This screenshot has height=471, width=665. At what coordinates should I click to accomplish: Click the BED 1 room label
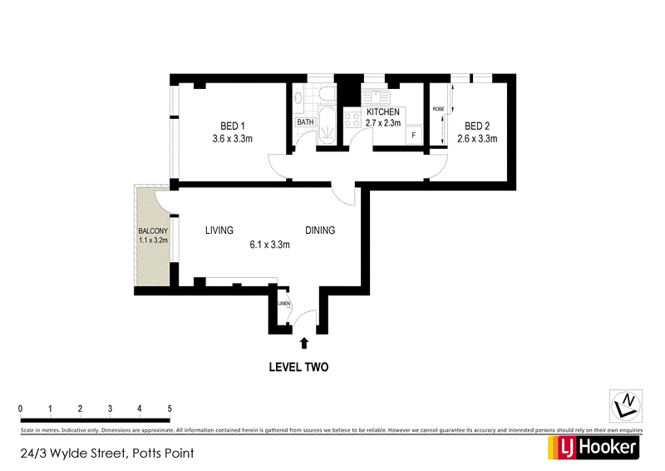coord(232,125)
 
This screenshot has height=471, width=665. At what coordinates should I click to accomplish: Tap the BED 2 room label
coord(477,125)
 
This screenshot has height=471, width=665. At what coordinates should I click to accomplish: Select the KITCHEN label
coord(382,112)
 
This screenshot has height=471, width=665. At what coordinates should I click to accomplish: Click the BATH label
coord(306,122)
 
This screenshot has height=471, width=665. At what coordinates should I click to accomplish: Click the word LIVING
coord(219,231)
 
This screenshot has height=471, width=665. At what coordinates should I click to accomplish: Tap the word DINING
coord(320,231)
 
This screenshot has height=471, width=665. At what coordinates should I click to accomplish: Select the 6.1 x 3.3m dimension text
coord(269,245)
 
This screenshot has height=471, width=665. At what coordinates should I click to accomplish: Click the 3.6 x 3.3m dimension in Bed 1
coord(232,139)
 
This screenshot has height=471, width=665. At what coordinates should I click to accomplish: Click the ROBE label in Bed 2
coord(437,109)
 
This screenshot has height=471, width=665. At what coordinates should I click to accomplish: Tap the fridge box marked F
coord(413,135)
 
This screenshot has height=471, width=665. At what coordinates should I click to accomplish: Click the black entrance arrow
coord(304,342)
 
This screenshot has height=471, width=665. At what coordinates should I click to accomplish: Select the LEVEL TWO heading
coord(298,367)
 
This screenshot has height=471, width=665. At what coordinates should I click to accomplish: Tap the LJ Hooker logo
coord(592,447)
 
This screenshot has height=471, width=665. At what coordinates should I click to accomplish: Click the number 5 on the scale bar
coord(170,409)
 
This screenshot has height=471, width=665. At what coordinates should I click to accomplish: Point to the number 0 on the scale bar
coord(20,409)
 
